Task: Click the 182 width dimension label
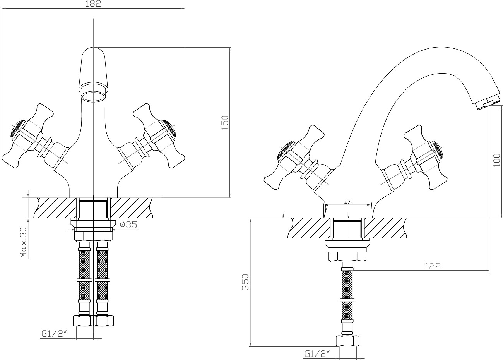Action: tap(93, 3)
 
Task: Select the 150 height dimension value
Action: tap(225, 122)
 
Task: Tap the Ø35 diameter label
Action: tap(128, 225)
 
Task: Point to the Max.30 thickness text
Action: tap(23, 243)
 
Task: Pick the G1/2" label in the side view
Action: tap(317, 354)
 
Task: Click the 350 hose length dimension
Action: tap(246, 282)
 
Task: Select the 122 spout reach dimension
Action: tap(433, 267)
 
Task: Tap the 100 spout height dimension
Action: tap(497, 160)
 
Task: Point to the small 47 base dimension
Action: tap(347, 202)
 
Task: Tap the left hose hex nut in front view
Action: tap(82, 321)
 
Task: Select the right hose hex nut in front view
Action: tap(104, 321)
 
